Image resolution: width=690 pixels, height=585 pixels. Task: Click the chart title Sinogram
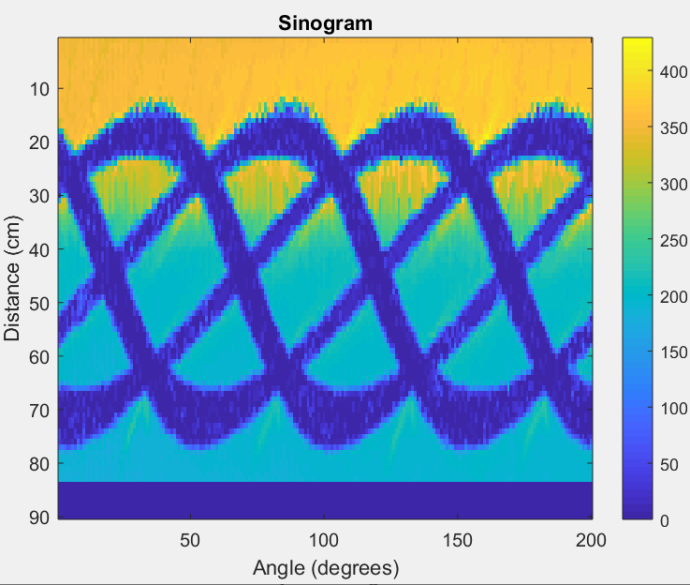coord(326,23)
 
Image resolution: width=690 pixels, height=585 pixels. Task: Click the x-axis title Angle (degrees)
coord(325,568)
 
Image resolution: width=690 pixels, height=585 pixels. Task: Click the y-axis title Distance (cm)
coord(12,278)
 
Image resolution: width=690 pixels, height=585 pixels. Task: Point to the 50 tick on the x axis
coord(191,540)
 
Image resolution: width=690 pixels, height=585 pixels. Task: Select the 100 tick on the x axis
coord(324,540)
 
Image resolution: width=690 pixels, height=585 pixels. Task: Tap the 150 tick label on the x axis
coord(458,540)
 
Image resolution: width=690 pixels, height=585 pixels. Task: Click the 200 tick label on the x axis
coord(591,540)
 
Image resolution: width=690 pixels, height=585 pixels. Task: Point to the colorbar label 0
coord(665,520)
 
